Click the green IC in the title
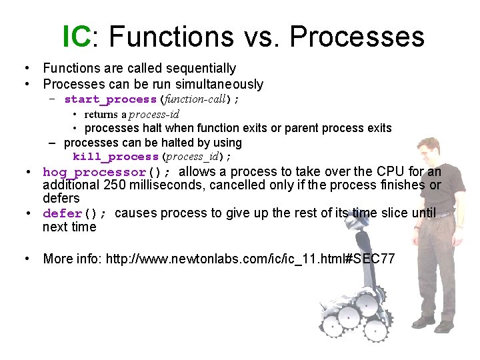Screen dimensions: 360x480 [76, 37]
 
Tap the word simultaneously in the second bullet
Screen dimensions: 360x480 [219, 84]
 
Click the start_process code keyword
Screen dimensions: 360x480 [110, 99]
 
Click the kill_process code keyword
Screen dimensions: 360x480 [116, 157]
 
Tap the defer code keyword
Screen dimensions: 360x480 [62, 213]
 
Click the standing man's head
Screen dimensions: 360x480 [427, 148]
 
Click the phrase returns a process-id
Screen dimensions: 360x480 [131, 114]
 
